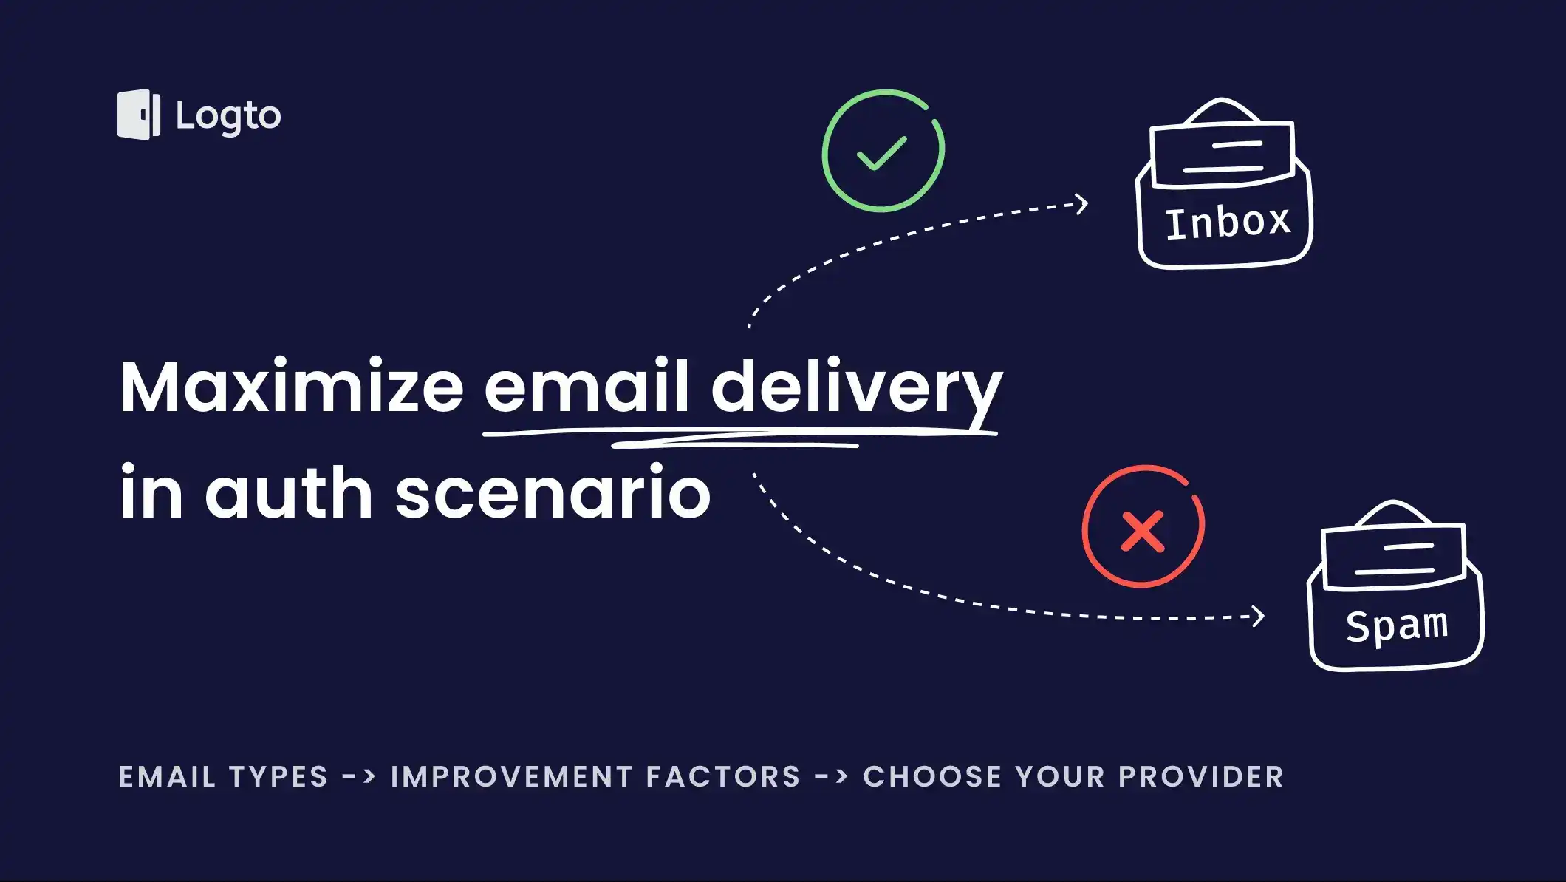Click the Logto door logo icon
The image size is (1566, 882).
point(139,115)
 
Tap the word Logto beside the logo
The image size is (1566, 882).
point(228,116)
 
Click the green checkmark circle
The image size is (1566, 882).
point(883,151)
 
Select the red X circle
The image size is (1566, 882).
point(1143,527)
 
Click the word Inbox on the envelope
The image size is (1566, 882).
point(1228,222)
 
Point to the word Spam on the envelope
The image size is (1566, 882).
point(1396,625)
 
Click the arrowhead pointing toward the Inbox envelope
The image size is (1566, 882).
point(1081,204)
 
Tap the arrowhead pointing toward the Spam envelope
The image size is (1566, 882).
point(1258,616)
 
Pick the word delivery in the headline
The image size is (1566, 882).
point(856,388)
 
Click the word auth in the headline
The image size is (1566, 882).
point(289,492)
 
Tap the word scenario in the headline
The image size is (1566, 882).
point(553,494)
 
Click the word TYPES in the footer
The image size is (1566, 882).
point(278,777)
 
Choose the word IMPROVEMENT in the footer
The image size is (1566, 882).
point(512,777)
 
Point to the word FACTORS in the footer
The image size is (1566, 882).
point(724,777)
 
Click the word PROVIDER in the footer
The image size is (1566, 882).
point(1201,777)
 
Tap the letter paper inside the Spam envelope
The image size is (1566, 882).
point(1394,556)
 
